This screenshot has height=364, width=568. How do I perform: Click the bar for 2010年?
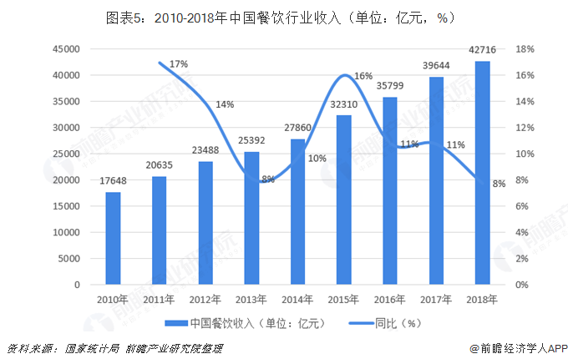pos(113,239)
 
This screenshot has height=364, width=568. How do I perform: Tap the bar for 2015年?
pos(344,200)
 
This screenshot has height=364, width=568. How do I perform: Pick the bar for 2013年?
pos(251,218)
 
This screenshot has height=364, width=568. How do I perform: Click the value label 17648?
pos(113,182)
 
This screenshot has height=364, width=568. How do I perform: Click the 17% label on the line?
pos(178,63)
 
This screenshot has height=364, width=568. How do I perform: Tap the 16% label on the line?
pos(363,76)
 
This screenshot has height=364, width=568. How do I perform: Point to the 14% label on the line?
pos(225,104)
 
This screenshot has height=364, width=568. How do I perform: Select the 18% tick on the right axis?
pos(525,49)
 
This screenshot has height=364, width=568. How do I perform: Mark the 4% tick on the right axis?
pos(522,232)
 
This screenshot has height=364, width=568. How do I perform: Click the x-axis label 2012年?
pos(205,298)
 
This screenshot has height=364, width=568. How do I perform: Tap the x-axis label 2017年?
pos(436,298)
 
